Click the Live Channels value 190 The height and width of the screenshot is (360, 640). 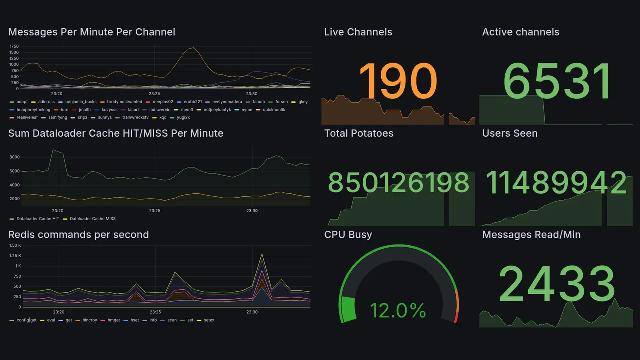point(398,81)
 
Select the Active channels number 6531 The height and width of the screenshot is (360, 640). point(557,81)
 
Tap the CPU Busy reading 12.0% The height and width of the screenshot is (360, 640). point(398,310)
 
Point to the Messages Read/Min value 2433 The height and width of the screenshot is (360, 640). point(557,284)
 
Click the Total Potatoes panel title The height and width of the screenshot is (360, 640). point(358,133)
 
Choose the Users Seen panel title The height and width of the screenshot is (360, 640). point(509,133)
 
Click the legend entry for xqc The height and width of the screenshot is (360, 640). point(162,118)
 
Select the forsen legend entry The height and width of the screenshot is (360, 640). point(281,102)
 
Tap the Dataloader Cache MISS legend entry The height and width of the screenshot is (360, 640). point(92,219)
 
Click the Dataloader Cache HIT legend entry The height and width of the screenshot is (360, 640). point(37,219)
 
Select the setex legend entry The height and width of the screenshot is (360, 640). point(208,320)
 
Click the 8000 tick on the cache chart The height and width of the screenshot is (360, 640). point(14,157)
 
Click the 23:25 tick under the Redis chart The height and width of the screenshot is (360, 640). point(155,312)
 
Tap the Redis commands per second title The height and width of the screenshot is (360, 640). point(78,235)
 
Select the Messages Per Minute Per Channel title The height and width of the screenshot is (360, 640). point(92,32)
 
